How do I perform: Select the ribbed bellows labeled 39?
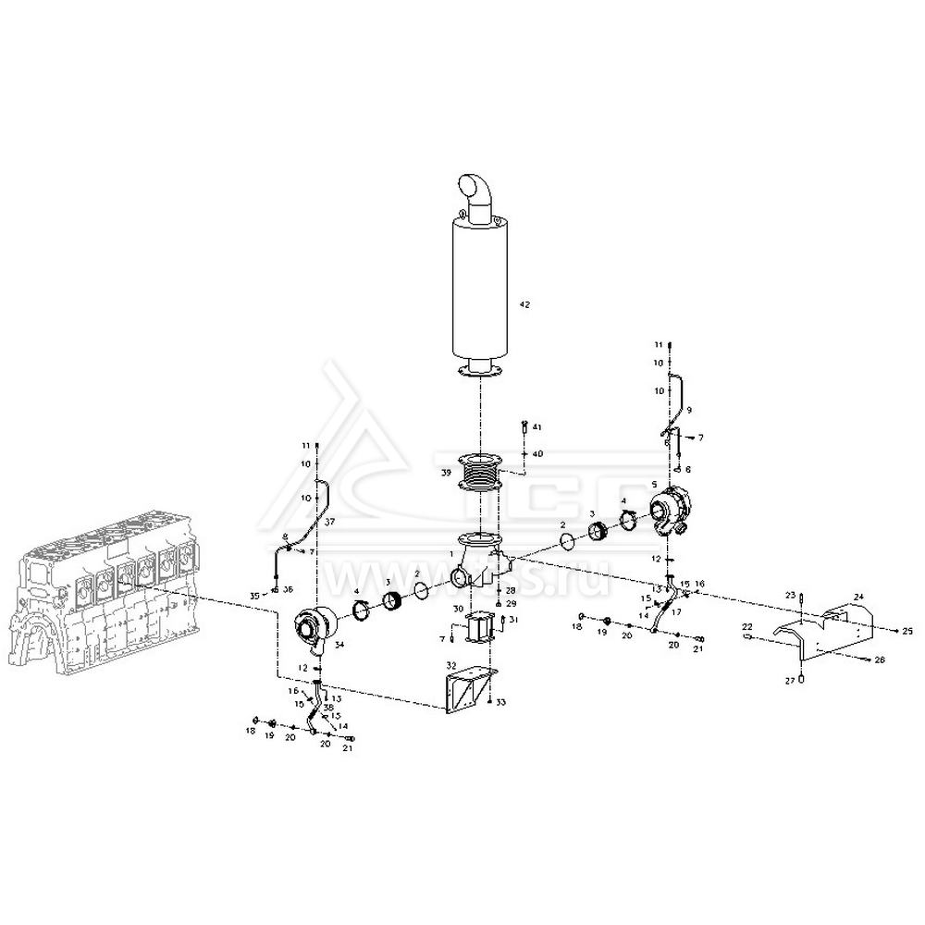click(x=480, y=475)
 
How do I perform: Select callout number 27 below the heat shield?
click(x=791, y=680)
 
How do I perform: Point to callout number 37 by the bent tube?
click(x=330, y=521)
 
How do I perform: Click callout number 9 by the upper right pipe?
click(x=688, y=409)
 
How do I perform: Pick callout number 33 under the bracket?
click(x=500, y=704)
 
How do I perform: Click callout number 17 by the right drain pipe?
click(x=676, y=611)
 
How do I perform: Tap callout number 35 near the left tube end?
click(x=255, y=595)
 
